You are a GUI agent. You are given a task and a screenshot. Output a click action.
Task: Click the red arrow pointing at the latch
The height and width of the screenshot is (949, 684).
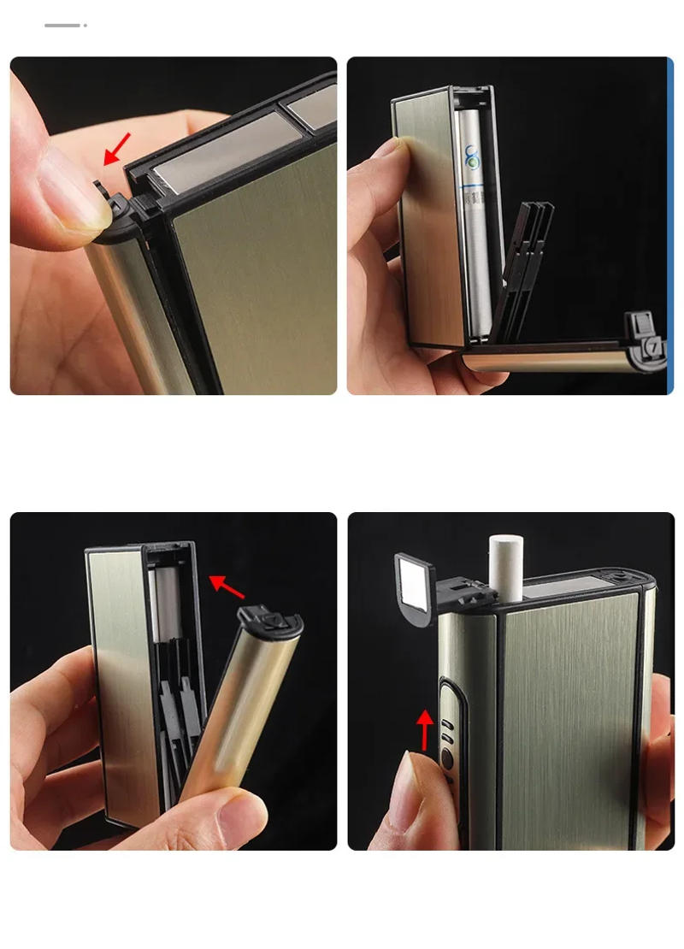[x=118, y=148]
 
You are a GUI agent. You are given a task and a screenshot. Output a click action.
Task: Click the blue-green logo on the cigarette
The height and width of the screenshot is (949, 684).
[x=472, y=157]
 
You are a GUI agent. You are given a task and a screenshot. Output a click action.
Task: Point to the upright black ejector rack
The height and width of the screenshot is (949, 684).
[x=525, y=265]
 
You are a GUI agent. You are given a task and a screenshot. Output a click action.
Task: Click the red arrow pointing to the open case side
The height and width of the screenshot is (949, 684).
[x=227, y=586]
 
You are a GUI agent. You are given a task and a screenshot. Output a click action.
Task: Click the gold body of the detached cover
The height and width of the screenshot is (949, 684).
[x=240, y=701]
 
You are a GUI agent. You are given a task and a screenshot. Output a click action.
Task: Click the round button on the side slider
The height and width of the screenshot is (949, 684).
[x=446, y=757]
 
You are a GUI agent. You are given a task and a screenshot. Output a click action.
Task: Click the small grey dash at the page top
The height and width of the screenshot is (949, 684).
[x=62, y=26]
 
